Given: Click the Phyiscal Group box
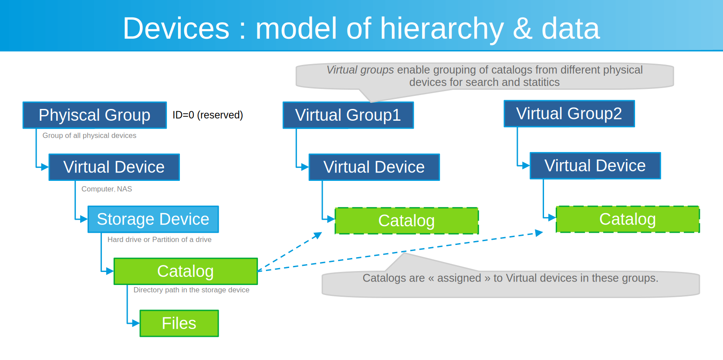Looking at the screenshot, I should tap(95, 115).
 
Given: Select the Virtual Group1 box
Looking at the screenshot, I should tap(348, 115).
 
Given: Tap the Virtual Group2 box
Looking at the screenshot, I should tap(569, 114).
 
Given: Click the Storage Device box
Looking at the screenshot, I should tap(153, 219).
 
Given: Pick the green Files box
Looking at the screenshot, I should tap(179, 323).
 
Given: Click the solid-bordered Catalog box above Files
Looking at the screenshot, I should tap(186, 271).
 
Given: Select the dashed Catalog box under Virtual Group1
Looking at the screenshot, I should tap(406, 221).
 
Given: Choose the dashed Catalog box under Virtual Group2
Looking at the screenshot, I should tap(627, 219).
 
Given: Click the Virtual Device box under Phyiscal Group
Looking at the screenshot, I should tap(114, 167).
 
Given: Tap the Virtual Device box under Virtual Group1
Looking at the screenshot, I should tap(374, 167).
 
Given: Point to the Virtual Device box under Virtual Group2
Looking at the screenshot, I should tap(595, 166).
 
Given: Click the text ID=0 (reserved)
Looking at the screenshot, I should tap(208, 115).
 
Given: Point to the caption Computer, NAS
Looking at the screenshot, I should tap(107, 189).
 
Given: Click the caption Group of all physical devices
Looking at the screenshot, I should tap(89, 136).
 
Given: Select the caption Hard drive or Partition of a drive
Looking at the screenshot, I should tap(159, 240).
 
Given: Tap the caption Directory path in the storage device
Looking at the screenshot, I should tap(191, 290).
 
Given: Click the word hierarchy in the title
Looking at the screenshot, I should tap(442, 29).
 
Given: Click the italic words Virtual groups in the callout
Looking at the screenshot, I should tap(360, 70).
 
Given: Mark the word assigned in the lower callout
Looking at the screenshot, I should tap(459, 278).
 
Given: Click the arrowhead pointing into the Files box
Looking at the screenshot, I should tap(136, 323).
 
